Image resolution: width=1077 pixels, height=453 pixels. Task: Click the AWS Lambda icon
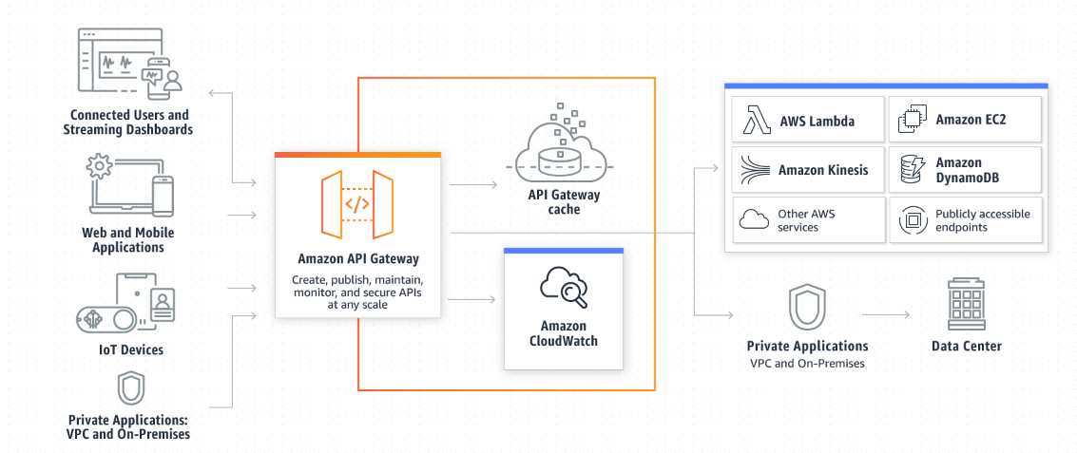[756, 121]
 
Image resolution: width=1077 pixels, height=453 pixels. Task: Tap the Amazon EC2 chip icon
[911, 121]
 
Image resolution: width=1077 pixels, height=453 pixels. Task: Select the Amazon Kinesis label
[822, 170]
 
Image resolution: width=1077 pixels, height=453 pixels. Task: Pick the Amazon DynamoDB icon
[911, 170]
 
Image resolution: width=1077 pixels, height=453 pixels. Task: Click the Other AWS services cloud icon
[754, 220]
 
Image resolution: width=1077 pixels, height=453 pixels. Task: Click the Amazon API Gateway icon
[356, 203]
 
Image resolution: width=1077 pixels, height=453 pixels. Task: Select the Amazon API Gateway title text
[357, 258]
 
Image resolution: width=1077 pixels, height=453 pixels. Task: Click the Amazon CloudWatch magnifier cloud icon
[563, 286]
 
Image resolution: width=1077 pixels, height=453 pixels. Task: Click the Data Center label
[966, 346]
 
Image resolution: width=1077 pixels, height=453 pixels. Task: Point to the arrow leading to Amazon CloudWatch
[472, 300]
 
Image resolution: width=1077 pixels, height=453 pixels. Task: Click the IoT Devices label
[131, 349]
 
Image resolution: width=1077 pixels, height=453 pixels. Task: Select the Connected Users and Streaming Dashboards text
[129, 123]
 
